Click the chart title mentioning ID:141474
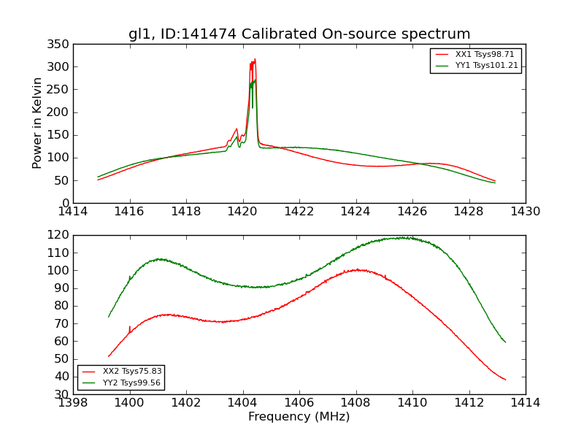299,34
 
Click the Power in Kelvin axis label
37,123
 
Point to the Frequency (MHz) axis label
299,417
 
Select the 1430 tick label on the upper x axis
525,212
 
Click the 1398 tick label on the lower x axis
74,402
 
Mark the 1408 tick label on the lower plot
356,402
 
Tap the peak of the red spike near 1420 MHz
255,60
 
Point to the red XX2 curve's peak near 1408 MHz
357,269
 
